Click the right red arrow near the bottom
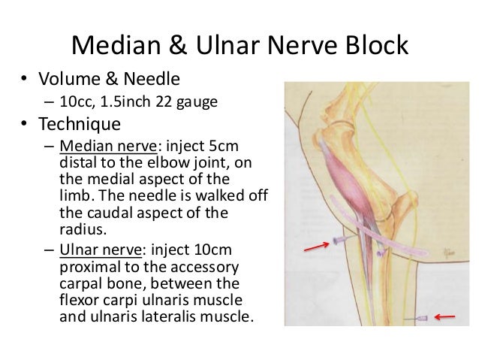tap(447, 316)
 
